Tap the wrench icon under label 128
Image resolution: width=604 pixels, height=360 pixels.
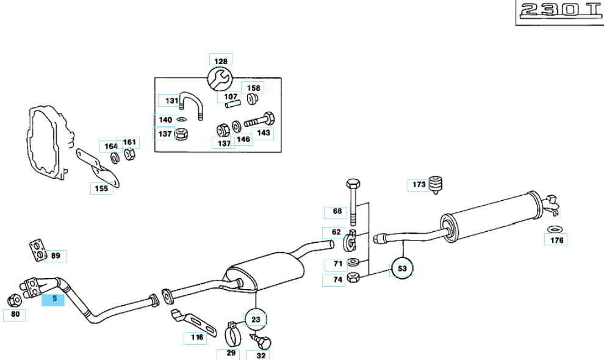point(220,78)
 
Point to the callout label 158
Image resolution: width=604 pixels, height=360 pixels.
point(253,87)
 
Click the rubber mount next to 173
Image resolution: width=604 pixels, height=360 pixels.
point(435,184)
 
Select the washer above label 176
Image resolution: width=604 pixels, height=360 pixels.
point(555,229)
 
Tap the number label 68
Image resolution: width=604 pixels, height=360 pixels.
point(336,212)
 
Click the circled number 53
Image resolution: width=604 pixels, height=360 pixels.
point(401,268)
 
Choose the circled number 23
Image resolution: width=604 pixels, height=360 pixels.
point(256,319)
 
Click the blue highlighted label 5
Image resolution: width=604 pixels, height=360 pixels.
point(52,299)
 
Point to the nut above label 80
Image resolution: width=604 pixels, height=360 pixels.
point(14,300)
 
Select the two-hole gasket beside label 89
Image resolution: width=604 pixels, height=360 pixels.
point(37,249)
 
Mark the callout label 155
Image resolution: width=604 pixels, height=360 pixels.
point(101,189)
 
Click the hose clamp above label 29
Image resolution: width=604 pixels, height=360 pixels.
point(231,334)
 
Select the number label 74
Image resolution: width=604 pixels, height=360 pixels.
point(336,281)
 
